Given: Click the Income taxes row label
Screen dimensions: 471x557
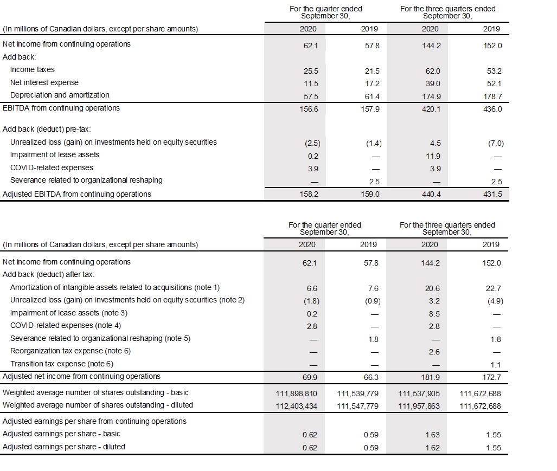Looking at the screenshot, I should pos(32,70).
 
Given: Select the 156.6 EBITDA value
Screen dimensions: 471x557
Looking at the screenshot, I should pos(308,108).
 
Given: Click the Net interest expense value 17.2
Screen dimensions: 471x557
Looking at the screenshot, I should pos(373,83).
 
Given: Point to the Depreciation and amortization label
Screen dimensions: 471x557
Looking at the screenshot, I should pos(60,95).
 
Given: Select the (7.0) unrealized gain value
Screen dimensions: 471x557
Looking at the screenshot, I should pos(496,144).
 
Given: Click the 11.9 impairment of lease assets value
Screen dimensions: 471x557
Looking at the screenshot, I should pos(433,156).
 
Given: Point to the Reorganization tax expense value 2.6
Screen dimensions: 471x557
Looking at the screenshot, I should pos(433,352).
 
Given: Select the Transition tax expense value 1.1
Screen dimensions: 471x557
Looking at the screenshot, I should pos(496,365).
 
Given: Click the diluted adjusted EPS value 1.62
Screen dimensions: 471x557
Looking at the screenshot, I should pos(433,448).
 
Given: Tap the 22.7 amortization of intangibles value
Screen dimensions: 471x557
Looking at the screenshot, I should pos(495,288).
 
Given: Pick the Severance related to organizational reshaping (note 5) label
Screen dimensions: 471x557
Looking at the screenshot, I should pos(100,339).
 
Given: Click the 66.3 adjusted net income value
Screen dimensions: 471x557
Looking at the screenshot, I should pos(372,377).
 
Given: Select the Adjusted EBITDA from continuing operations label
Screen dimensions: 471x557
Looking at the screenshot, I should pos(77,194).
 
